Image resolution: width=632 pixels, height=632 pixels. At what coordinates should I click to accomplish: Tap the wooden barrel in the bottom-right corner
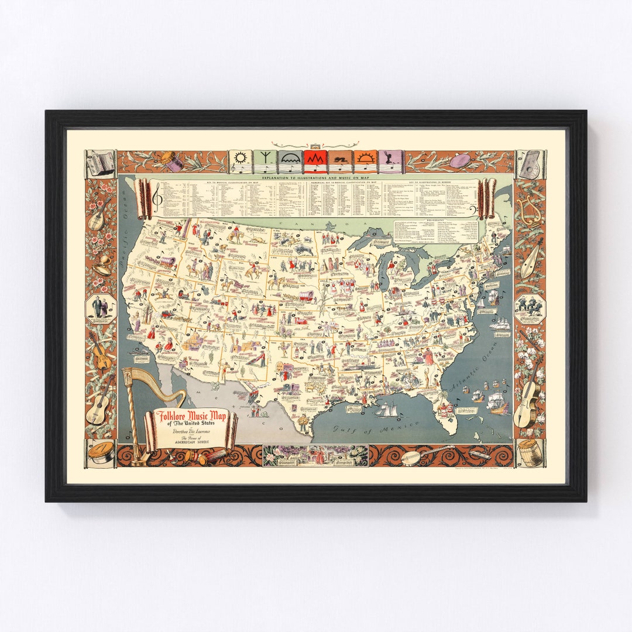tap(530, 454)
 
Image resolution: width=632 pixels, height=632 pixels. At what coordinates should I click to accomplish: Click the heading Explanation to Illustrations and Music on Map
tap(316, 176)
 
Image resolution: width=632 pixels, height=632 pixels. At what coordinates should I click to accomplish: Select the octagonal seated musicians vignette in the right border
tap(530, 307)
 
